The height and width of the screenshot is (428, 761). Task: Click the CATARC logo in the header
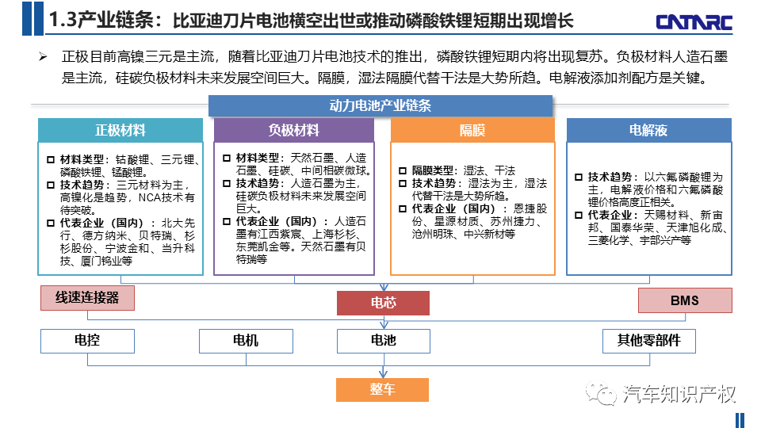(x=694, y=22)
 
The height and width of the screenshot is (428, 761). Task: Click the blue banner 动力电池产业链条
(x=380, y=105)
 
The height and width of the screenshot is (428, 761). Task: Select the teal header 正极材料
(x=120, y=130)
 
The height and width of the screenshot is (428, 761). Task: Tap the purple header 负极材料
(x=294, y=130)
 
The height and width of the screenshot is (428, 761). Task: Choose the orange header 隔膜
(x=472, y=130)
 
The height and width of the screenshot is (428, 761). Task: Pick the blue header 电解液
(x=649, y=130)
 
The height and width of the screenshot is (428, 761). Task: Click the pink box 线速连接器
(x=87, y=297)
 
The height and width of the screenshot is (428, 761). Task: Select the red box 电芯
(x=384, y=303)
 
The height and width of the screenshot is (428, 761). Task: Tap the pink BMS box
(x=685, y=300)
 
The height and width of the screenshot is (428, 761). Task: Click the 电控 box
(x=87, y=341)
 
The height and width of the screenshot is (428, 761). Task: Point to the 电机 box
(x=246, y=341)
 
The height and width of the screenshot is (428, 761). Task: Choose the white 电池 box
(x=384, y=341)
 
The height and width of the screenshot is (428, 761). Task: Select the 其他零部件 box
(x=649, y=341)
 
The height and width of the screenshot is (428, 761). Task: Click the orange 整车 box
(x=382, y=390)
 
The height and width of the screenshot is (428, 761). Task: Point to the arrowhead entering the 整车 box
(x=384, y=374)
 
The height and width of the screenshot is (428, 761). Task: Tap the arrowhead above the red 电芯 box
(x=384, y=287)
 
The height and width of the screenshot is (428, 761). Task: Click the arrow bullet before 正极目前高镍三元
(x=43, y=57)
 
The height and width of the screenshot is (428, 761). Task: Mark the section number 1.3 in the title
(x=63, y=21)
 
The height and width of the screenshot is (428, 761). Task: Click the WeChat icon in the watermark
(x=601, y=392)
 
